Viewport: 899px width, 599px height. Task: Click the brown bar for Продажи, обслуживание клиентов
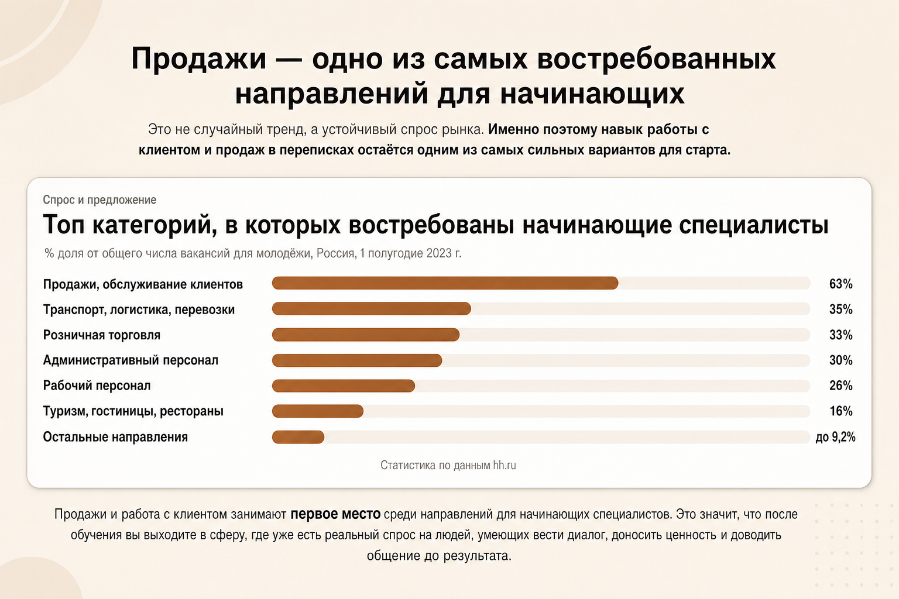445,283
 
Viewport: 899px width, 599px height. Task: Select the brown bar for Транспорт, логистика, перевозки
371,308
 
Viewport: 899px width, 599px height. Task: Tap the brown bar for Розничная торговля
366,335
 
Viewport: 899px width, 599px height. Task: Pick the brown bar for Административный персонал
357,360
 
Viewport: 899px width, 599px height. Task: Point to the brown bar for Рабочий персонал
343,385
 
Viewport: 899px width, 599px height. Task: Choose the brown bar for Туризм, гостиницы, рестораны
317,411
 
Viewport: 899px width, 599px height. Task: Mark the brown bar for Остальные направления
298,436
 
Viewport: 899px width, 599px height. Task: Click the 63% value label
841,284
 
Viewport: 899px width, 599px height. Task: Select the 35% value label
841,309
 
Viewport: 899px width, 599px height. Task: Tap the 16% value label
841,411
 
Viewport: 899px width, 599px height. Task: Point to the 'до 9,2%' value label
835,436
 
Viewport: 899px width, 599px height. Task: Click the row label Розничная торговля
101,335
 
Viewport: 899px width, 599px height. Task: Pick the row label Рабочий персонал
97,385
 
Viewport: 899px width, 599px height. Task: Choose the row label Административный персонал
131,360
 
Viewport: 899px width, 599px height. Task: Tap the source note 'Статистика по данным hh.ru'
448,465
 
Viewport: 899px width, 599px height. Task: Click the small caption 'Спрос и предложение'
99,200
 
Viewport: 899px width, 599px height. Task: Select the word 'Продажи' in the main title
198,58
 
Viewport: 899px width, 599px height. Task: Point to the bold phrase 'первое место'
335,514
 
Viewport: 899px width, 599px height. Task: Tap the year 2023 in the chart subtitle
439,253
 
